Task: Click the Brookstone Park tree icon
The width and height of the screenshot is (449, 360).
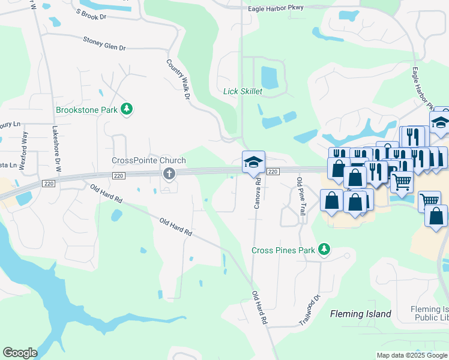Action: pos(127,109)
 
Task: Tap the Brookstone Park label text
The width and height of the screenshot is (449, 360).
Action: pos(86,110)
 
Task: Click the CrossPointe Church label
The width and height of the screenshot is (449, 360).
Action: pos(149,161)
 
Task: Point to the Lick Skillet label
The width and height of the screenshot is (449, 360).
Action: pos(243,91)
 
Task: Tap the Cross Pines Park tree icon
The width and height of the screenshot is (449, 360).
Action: pos(325,248)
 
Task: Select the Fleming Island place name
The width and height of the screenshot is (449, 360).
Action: pos(361,314)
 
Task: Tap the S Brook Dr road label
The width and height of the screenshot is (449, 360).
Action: pos(92,14)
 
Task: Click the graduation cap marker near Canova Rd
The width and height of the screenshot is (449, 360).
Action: pos(253,162)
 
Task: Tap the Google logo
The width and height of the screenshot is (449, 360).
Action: pos(20,353)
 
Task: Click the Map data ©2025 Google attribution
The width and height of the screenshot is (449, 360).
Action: pos(411,355)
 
